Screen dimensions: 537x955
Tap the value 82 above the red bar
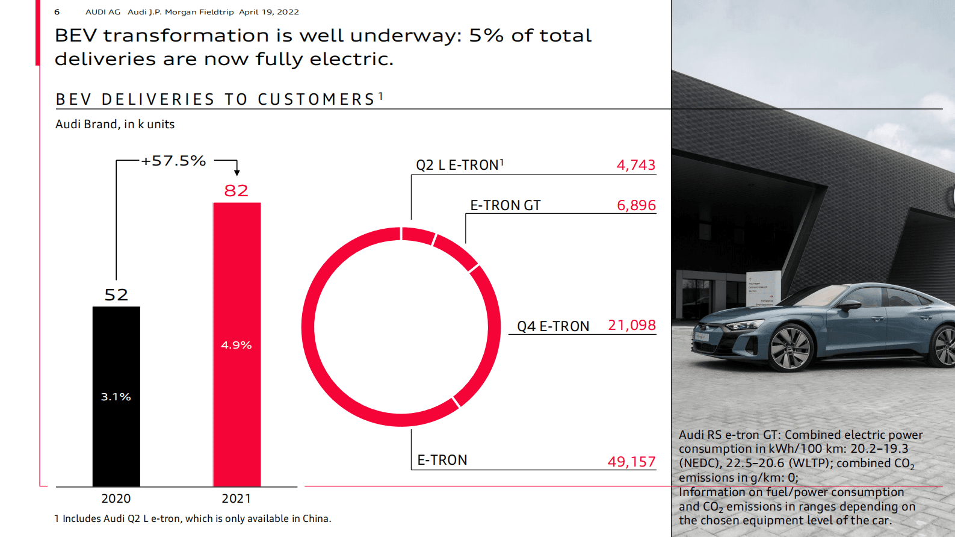tap(236, 191)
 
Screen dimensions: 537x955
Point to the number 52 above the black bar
tap(116, 295)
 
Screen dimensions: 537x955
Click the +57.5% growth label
tap(173, 161)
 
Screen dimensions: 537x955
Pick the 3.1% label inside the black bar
tap(116, 397)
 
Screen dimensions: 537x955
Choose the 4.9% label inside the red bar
tap(236, 345)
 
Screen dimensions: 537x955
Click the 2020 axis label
tap(116, 498)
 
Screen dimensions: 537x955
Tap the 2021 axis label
tap(236, 498)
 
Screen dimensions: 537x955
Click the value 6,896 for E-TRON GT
tap(636, 205)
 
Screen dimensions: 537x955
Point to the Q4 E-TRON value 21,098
tap(631, 325)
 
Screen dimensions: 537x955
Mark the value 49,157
tap(631, 462)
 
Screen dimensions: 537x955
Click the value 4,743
tap(635, 165)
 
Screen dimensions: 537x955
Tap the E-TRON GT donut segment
tap(456, 252)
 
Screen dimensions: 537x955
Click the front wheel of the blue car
tap(791, 347)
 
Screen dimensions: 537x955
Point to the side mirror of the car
tap(850, 305)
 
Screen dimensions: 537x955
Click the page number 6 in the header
tap(57, 12)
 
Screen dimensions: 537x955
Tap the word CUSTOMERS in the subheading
tap(317, 99)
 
